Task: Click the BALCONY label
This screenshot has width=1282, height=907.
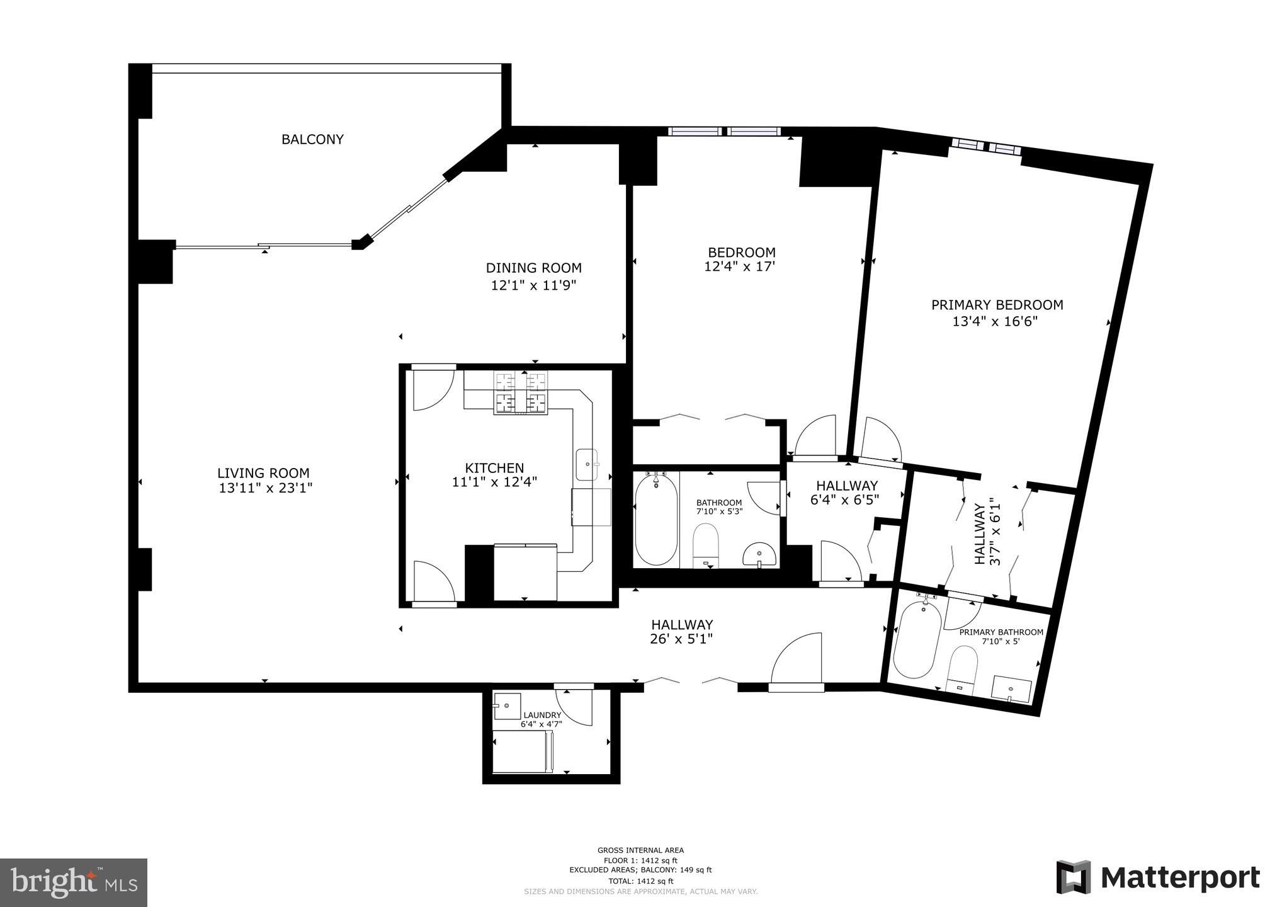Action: tap(312, 139)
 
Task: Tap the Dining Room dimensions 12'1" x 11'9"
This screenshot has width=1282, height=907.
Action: tap(534, 285)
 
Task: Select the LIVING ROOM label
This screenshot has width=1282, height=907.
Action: tap(263, 473)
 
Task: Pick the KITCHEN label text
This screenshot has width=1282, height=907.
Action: tap(494, 468)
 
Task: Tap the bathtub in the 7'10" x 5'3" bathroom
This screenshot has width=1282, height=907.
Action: tap(656, 520)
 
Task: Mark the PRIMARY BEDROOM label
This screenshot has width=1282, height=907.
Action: tap(997, 305)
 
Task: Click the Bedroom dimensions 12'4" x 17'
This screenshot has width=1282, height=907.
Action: tap(739, 266)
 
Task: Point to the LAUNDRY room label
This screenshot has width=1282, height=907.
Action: tap(542, 715)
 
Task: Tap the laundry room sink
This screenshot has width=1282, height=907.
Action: tap(507, 706)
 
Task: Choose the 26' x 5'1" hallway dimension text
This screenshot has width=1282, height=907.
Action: tap(682, 639)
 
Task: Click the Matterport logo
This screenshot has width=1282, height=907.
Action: tap(1158, 877)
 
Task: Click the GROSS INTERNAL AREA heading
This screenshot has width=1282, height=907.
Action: tap(640, 850)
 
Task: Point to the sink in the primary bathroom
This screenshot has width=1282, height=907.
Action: tap(1011, 690)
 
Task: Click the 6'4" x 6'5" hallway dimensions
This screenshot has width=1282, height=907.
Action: tap(844, 499)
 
